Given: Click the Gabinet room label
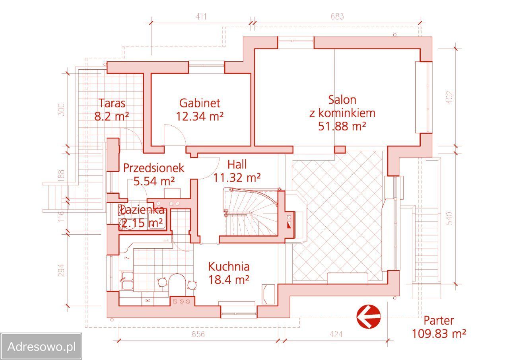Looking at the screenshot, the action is click(x=200, y=103).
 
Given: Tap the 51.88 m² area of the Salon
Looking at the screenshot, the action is click(x=342, y=126).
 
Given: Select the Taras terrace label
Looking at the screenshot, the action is click(x=112, y=103).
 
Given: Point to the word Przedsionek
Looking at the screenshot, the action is click(x=153, y=168).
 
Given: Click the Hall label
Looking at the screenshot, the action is click(x=237, y=165).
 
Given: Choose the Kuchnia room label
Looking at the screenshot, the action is click(x=229, y=267).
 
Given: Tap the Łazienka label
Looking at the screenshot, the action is click(x=141, y=210).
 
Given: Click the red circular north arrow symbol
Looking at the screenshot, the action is click(x=369, y=317).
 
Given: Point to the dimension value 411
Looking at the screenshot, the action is click(x=201, y=17).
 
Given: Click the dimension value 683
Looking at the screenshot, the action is click(x=337, y=16).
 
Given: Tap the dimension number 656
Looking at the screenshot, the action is click(x=198, y=334).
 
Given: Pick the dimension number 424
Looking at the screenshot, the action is click(x=336, y=334).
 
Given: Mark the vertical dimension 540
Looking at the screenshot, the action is click(x=449, y=218).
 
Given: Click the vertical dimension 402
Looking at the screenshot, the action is click(x=449, y=97).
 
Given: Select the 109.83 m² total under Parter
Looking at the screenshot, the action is click(x=439, y=334).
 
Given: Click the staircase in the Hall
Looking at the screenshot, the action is click(x=250, y=212).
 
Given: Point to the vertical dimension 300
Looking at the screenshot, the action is click(x=61, y=110).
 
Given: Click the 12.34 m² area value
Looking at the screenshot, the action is click(x=200, y=117).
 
